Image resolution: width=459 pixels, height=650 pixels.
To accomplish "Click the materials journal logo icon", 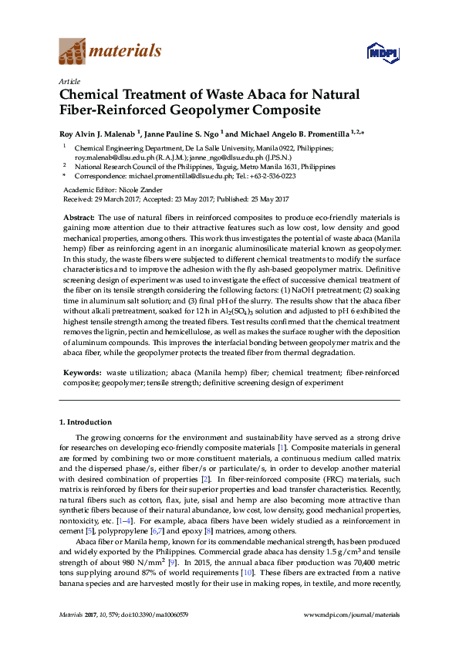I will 73,52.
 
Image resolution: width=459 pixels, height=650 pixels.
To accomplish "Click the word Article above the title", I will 69,81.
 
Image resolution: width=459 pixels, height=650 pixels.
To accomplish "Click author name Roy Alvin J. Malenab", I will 96,133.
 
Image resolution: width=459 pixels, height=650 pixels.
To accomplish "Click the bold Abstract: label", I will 79,219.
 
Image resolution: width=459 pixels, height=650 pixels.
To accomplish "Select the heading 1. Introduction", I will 85,422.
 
